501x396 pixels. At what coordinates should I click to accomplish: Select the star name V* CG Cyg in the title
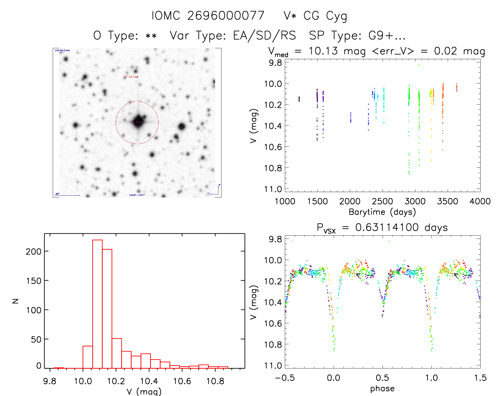pyautogui.click(x=315, y=16)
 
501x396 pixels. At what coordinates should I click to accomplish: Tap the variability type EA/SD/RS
pyautogui.click(x=264, y=36)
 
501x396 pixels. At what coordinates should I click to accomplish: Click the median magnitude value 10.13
pyautogui.click(x=323, y=51)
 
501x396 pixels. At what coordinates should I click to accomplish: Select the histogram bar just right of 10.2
pyautogui.click(x=117, y=353)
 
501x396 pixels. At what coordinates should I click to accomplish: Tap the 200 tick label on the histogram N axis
pyautogui.click(x=34, y=251)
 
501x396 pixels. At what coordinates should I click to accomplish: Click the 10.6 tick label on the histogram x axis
pyautogui.click(x=182, y=381)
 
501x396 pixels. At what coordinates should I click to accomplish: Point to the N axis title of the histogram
pyautogui.click(x=15, y=301)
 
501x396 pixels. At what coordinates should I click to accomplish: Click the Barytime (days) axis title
pyautogui.click(x=382, y=212)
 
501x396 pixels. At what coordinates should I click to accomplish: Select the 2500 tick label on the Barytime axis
pyautogui.click(x=382, y=201)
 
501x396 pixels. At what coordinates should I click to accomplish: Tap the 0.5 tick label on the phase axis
pyautogui.click(x=382, y=378)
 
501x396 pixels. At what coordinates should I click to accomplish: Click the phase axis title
pyautogui.click(x=382, y=389)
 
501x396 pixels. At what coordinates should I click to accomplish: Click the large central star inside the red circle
pyautogui.click(x=138, y=122)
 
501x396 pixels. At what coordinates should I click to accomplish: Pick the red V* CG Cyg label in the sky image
pyautogui.click(x=131, y=77)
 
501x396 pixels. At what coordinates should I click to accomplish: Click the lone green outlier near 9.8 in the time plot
pyautogui.click(x=419, y=65)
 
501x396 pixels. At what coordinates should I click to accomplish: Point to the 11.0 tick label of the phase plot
pyautogui.click(x=273, y=366)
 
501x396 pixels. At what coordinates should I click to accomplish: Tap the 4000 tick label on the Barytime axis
pyautogui.click(x=480, y=201)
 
